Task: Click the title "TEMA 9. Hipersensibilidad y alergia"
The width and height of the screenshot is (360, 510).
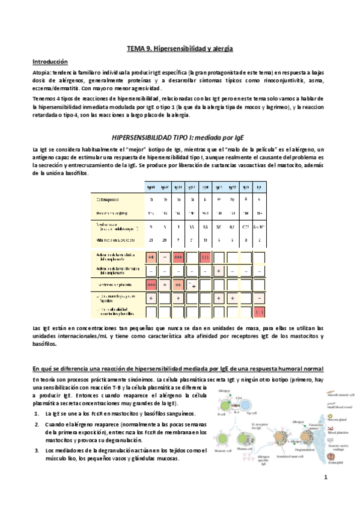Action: tap(180, 48)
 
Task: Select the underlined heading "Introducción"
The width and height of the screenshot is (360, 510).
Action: tap(50, 62)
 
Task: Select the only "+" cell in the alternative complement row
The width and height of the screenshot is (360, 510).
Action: tap(219, 270)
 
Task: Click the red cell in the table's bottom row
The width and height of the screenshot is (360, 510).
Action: tap(260, 312)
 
